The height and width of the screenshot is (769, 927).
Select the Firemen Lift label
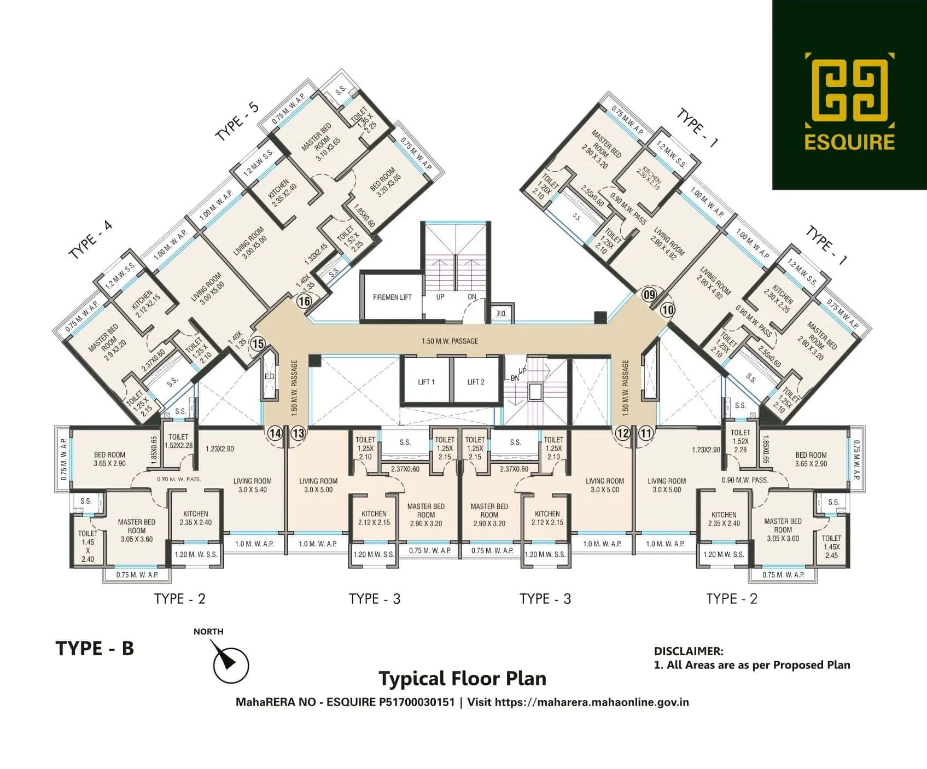[392, 297]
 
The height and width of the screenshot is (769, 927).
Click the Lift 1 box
[426, 382]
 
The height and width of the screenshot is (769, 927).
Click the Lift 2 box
[475, 382]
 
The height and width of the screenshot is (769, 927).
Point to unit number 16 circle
[304, 301]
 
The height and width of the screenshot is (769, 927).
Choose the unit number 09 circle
[649, 295]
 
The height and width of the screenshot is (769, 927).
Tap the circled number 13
[298, 434]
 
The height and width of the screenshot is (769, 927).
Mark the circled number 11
[646, 434]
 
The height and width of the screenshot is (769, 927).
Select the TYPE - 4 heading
[90, 240]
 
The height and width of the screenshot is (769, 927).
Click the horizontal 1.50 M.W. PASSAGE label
[450, 341]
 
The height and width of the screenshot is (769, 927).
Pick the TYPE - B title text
[95, 648]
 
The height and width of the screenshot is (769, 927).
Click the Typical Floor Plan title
[462, 678]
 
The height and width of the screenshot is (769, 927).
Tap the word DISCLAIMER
[688, 651]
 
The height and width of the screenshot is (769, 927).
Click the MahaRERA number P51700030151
[416, 702]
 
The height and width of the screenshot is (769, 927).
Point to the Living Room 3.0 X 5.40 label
[252, 485]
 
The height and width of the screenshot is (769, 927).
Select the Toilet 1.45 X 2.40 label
[88, 546]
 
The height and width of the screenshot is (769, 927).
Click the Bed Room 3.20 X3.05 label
[385, 183]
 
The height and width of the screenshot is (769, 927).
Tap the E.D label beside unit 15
[269, 377]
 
